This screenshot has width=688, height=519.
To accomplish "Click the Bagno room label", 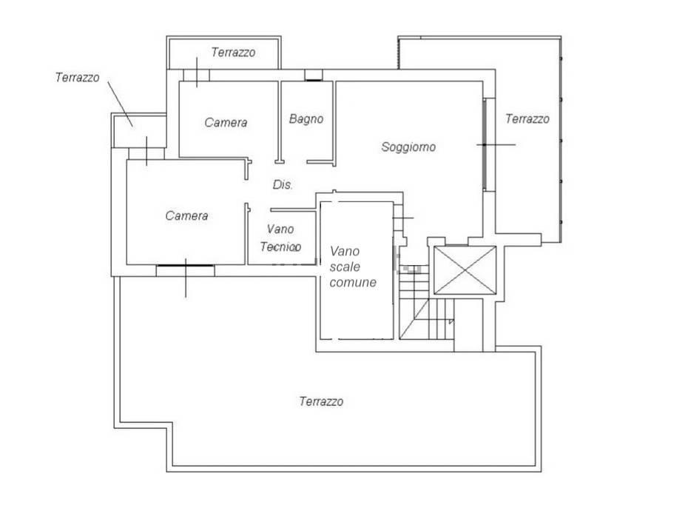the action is coord(306,118).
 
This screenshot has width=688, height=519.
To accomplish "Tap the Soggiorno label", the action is coord(408,147).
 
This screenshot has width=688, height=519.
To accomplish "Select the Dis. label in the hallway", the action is coord(283,185).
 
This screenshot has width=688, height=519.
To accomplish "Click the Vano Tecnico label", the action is coord(280,238).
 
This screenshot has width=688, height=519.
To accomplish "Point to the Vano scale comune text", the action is coord(353,267).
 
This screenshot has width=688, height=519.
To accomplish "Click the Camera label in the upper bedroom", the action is coord(226,122).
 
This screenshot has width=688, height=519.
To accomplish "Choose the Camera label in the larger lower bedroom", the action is coord(186,215).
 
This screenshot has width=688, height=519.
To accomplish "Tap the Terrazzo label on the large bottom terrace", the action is coord(321,401).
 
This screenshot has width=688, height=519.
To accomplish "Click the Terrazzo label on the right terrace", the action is coord(527,118).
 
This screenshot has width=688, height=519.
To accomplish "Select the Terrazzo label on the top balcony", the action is coord(233,53).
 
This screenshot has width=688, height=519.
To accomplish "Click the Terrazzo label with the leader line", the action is coord(77,77).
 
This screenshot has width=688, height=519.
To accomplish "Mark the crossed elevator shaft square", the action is coord(465,270).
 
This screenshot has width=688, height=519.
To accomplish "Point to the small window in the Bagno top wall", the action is coord(313,75).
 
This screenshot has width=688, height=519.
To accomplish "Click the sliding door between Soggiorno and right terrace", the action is coord(485,144).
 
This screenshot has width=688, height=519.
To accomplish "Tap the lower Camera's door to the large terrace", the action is coord(186,266).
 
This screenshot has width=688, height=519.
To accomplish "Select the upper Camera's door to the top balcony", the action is coord(196,75).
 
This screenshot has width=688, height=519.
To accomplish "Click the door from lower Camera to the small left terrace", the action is coord(146,154).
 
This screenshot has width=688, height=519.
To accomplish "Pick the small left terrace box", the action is coord(138,130).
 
